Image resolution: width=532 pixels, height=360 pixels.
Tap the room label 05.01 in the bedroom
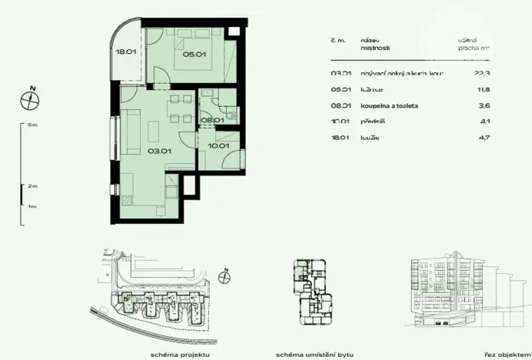pos(193,54)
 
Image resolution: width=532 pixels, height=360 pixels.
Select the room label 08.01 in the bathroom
pos(211,120)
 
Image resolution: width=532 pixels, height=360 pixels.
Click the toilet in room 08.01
pos(231,115)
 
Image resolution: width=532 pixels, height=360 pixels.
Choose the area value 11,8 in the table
pos(482,89)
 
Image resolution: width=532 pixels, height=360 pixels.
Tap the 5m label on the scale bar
pos(32,124)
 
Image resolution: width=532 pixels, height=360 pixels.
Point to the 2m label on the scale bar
pos(32,185)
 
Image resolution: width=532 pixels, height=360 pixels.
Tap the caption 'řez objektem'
pos(503,353)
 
